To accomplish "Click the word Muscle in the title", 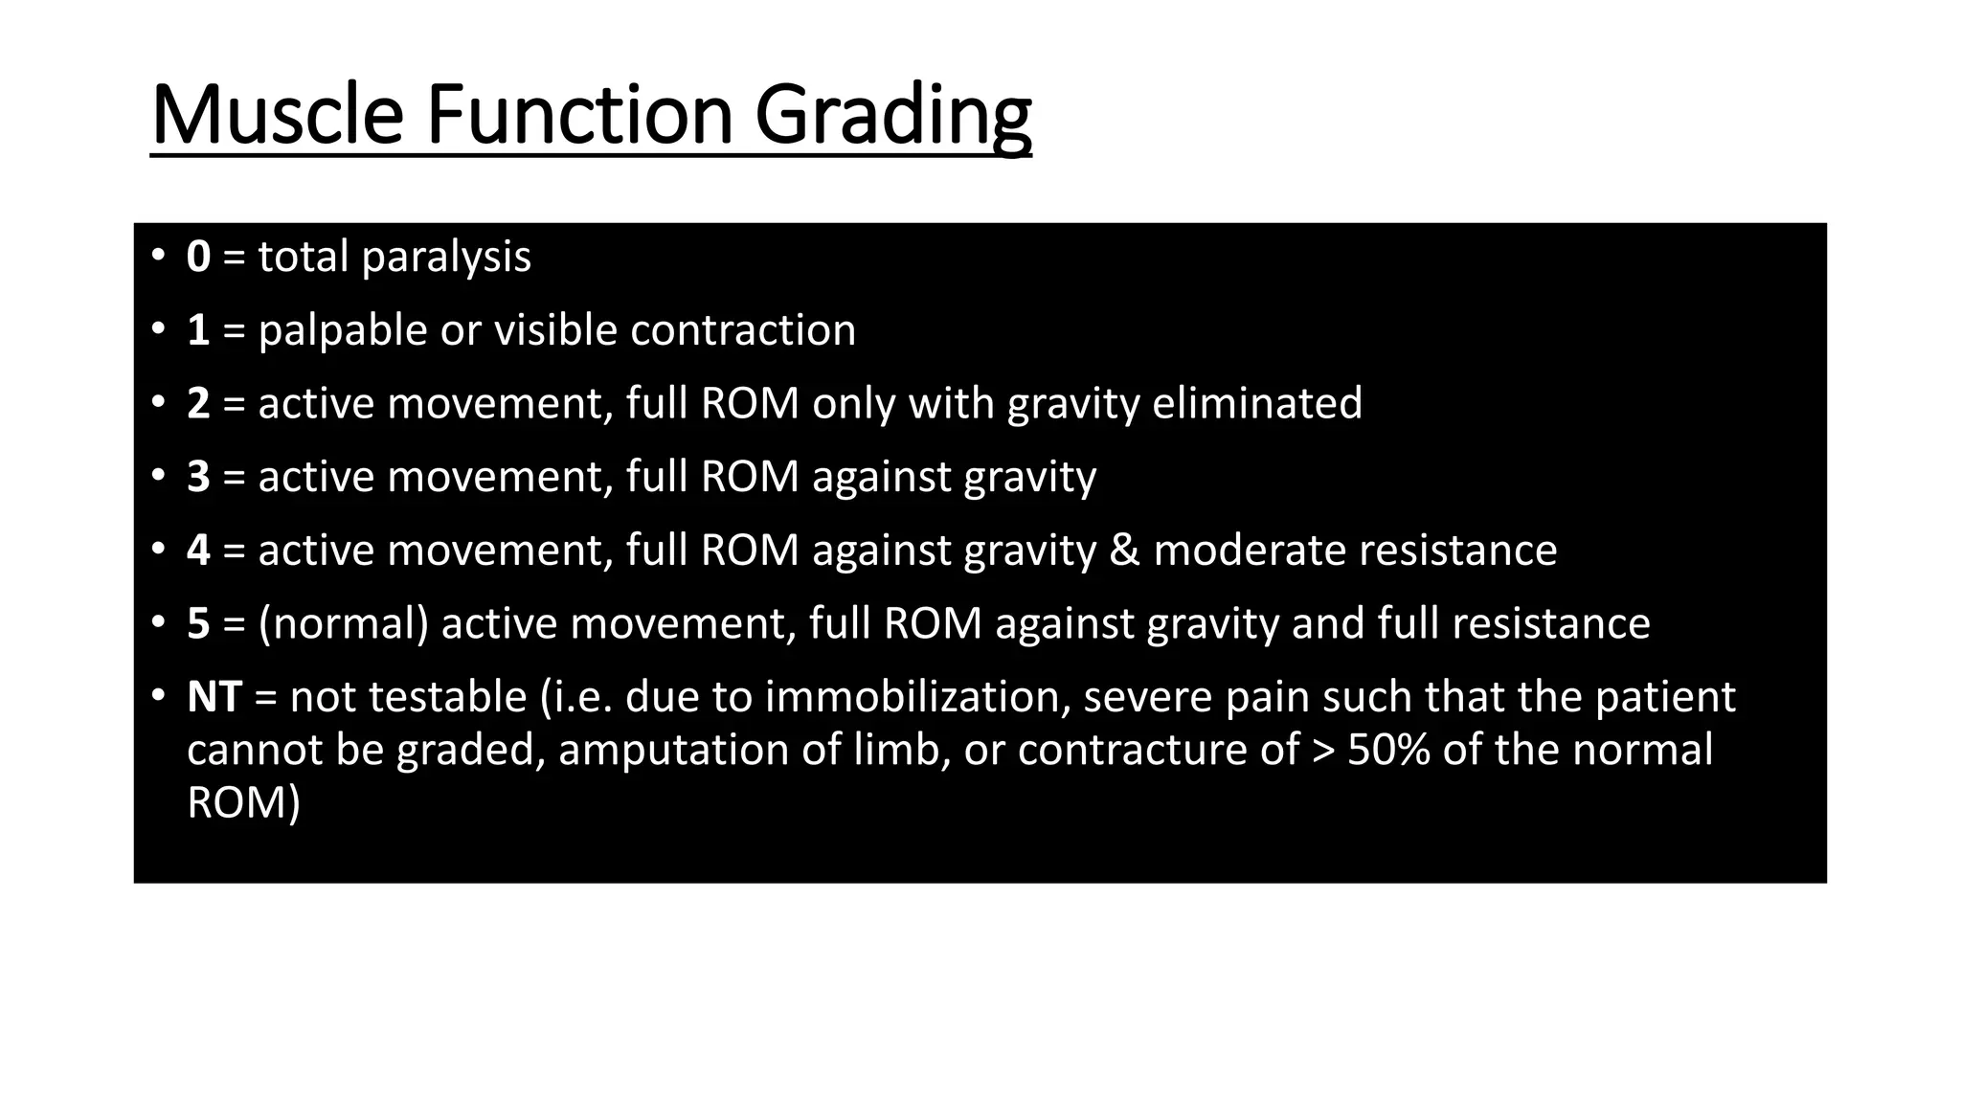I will click(x=277, y=116).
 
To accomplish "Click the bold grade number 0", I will click(x=198, y=258).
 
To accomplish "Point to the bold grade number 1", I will click(x=198, y=330).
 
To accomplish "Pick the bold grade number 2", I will click(x=198, y=403).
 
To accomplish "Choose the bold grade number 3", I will click(x=198, y=477).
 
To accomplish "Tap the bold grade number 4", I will click(x=198, y=551).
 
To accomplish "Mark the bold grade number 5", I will click(x=198, y=623).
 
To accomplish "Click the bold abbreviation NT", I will click(x=214, y=697).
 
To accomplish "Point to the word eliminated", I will click(x=1256, y=403).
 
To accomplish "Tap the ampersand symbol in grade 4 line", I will click(x=1124, y=551).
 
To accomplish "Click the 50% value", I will click(x=1388, y=750).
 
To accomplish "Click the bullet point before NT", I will click(x=157, y=695).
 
